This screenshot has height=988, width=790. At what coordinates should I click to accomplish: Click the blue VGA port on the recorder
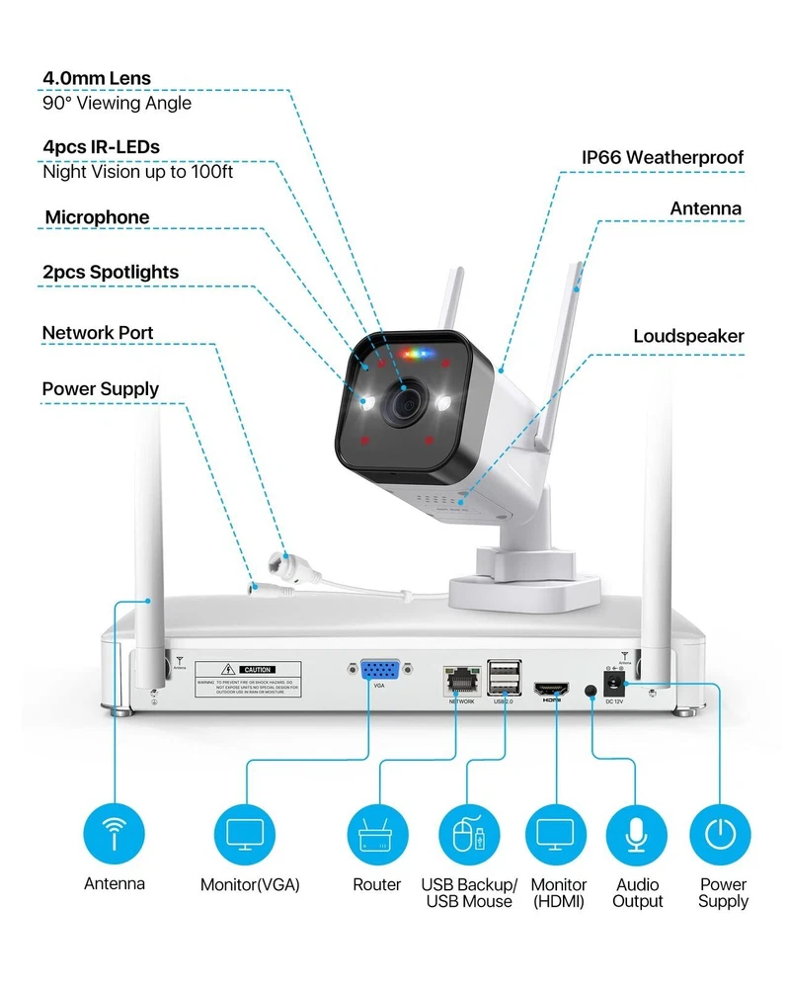pyautogui.click(x=378, y=672)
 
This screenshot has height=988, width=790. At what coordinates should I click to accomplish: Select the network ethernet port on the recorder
pyautogui.click(x=460, y=679)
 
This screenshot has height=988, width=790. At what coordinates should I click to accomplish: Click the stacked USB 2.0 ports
pyautogui.click(x=502, y=677)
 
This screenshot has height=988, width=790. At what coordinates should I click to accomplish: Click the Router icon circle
pyautogui.click(x=377, y=834)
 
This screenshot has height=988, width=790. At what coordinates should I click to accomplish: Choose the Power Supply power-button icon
pyautogui.click(x=721, y=834)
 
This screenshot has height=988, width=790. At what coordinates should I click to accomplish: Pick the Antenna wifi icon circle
pyautogui.click(x=115, y=834)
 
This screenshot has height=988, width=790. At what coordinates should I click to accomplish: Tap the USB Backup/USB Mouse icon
pyautogui.click(x=467, y=834)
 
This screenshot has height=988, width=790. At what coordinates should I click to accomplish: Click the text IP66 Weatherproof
pyautogui.click(x=662, y=157)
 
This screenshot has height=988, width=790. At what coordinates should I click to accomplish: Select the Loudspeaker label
pyautogui.click(x=688, y=336)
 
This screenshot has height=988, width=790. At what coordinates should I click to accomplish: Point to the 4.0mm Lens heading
pyautogui.click(x=97, y=77)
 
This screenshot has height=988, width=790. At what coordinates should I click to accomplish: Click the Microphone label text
pyautogui.click(x=97, y=217)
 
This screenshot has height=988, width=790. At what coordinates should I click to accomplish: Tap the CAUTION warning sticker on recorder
pyautogui.click(x=248, y=679)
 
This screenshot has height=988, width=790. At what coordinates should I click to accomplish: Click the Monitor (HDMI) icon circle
pyautogui.click(x=557, y=834)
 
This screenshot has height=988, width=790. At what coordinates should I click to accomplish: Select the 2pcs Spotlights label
pyautogui.click(x=111, y=272)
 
